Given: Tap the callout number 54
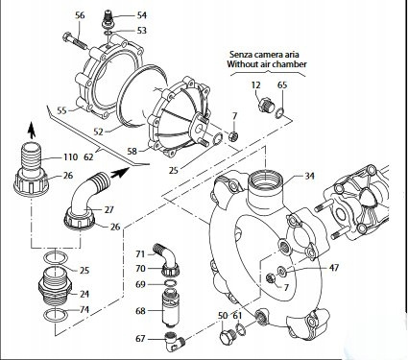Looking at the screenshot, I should [142, 15].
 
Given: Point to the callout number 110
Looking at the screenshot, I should [69, 156].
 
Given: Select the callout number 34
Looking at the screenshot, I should [309, 176].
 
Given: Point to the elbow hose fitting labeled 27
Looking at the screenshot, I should [88, 192].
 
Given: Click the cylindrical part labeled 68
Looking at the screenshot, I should [170, 311].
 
